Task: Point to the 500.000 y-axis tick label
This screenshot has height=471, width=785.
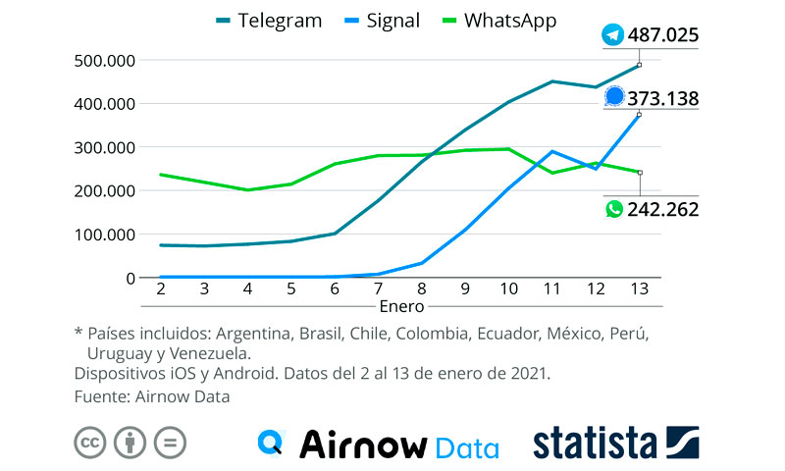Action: tap(104, 60)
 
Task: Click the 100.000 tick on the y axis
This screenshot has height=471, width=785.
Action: tap(104, 235)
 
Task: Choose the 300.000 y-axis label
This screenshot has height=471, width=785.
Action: tap(104, 147)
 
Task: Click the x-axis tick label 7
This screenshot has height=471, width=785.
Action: tap(378, 289)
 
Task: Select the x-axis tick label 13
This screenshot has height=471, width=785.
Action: tap(640, 289)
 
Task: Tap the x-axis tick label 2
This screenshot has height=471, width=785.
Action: tap(160, 289)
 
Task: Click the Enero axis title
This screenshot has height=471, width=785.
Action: tap(400, 307)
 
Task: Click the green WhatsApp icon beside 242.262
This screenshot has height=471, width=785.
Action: tap(614, 209)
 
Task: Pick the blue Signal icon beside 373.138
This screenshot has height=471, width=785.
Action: tap(615, 96)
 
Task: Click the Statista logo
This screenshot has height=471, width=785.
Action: tap(616, 443)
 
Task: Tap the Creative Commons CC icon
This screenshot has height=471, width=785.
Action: tap(90, 443)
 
